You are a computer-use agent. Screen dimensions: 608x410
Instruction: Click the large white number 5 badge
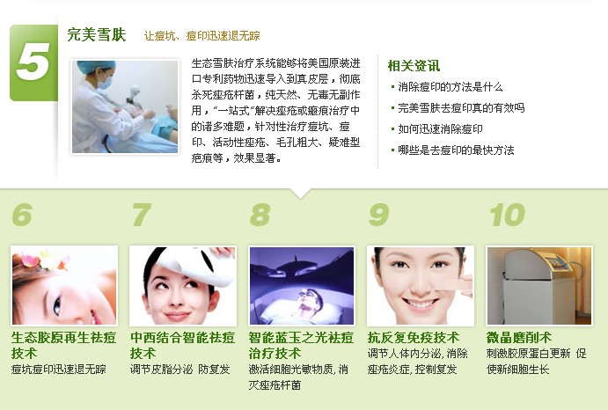[x=33, y=62]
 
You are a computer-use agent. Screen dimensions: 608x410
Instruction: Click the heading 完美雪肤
[x=97, y=34]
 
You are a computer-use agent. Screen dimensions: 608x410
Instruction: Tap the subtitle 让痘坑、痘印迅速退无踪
[x=202, y=36]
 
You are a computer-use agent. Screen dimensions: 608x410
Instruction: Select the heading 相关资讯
[x=414, y=66]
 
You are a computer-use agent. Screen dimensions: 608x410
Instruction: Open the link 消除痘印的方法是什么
[x=451, y=87]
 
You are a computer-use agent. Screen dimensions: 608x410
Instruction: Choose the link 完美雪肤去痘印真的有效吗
[x=461, y=108]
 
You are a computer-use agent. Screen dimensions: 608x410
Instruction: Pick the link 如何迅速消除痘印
[x=440, y=128]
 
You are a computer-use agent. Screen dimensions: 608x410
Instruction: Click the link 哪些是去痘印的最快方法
[x=456, y=150]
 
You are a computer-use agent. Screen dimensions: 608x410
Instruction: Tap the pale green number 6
[x=22, y=215]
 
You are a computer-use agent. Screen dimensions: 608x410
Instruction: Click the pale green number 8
[x=260, y=215]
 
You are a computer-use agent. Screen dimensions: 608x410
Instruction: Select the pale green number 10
[x=507, y=215]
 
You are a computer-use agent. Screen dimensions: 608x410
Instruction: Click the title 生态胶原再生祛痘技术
[x=63, y=345]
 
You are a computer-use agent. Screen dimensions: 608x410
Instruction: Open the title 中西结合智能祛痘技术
[x=183, y=345]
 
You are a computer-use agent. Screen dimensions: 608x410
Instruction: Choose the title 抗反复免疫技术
[x=414, y=338]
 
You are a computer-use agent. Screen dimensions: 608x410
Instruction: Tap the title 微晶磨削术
[x=519, y=338]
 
